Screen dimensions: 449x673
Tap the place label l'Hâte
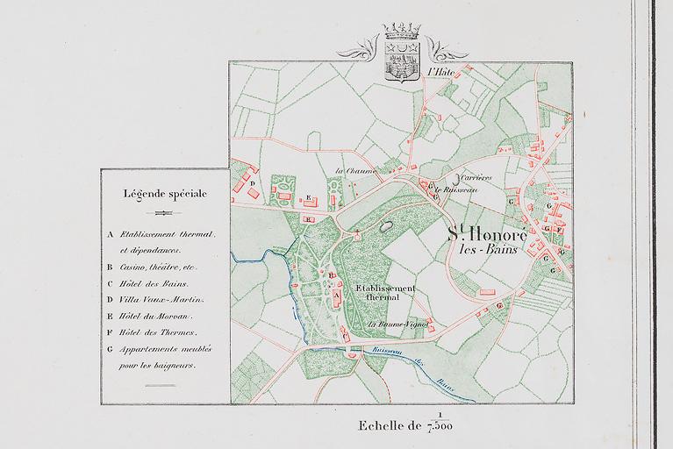pos(438,73)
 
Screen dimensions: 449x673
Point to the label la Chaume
pos(351,170)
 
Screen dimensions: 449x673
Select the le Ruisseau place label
pos(461,189)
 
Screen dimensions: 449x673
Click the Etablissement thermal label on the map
pos(385,293)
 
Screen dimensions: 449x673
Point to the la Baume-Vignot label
pos(397,324)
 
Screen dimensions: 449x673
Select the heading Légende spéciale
pos(165,194)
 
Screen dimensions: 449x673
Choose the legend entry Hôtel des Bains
pos(149,283)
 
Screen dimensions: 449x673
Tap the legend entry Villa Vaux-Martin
pos(154,300)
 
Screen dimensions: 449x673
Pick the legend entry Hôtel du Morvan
pos(153,316)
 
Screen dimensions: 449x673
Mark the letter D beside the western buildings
pos(252,184)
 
